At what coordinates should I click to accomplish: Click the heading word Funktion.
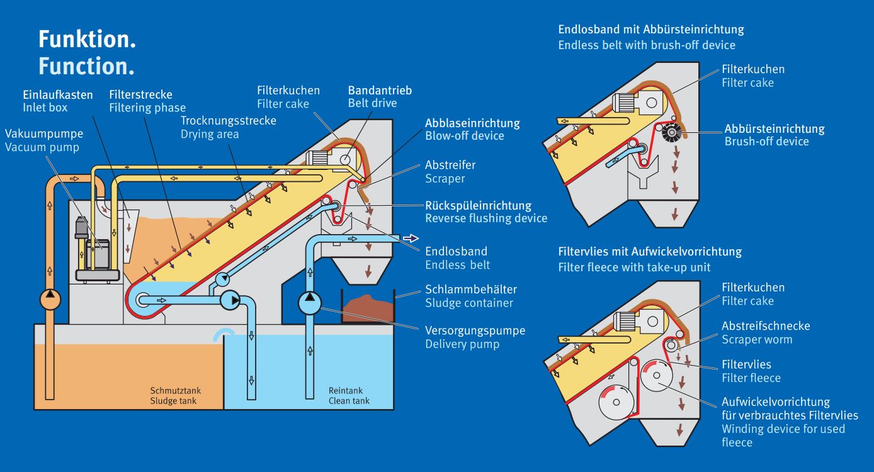tap(87, 40)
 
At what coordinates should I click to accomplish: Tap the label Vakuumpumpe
tap(43, 134)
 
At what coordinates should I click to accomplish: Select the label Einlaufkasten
tap(58, 95)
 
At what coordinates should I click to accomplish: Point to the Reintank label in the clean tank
tap(346, 391)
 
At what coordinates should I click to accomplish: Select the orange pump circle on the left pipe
tap(49, 298)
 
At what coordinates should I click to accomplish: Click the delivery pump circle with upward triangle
tap(309, 303)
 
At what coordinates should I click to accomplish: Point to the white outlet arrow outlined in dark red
tap(411, 238)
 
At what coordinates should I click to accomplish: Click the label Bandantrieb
tap(380, 91)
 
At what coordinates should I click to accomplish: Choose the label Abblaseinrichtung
tap(472, 123)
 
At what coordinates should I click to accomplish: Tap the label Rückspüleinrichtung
tap(478, 205)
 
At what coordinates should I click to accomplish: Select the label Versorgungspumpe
tap(475, 330)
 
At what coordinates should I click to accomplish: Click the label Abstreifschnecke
tap(766, 326)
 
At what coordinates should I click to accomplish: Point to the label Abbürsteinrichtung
tap(774, 128)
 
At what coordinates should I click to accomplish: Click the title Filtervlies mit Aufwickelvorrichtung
tap(650, 252)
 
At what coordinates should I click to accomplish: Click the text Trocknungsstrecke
tap(228, 121)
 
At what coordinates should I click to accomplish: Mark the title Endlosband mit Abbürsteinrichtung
tap(650, 30)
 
